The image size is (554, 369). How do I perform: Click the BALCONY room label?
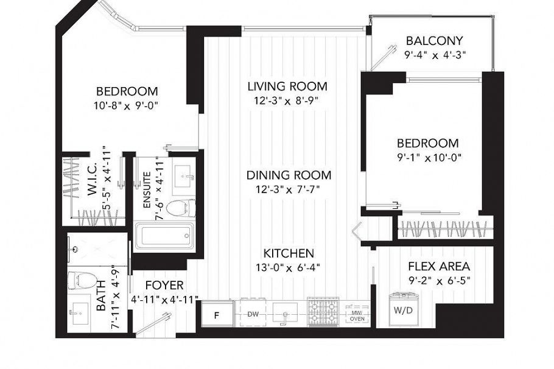coord(430,41)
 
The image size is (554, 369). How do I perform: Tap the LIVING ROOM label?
coord(287,86)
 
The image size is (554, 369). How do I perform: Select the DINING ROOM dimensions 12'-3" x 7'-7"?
coord(289,189)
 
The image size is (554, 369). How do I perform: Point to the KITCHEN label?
coord(289,253)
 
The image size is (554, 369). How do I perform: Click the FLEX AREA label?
coord(438,267)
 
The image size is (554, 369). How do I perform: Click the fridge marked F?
coord(216,315)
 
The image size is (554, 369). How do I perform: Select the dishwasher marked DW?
coord(253,314)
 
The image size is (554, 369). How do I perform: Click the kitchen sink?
coord(285,314)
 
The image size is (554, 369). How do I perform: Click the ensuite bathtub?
coord(164,236)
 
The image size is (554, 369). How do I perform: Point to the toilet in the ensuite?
coord(180,208)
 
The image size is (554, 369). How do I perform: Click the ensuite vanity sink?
coord(183,177)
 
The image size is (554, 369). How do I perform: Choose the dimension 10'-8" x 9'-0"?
coord(127,105)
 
